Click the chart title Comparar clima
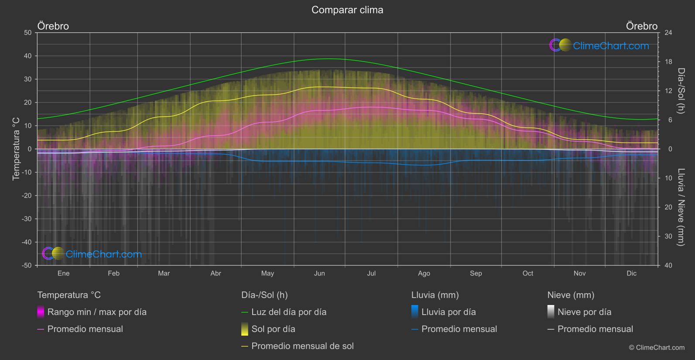347,10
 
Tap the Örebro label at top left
53,26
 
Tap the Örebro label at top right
641,26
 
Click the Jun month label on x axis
319,274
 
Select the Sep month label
476,274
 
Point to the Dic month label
631,274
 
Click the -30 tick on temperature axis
27,219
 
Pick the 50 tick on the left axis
28,33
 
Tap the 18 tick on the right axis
668,62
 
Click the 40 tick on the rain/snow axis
668,265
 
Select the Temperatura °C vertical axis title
16,149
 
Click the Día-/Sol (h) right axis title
681,91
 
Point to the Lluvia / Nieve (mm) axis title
681,207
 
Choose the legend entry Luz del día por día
288,312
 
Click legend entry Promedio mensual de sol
302,346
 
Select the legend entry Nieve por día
584,312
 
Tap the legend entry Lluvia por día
448,312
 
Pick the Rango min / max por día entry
96,312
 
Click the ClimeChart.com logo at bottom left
92,254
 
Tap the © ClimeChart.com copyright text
657,348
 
